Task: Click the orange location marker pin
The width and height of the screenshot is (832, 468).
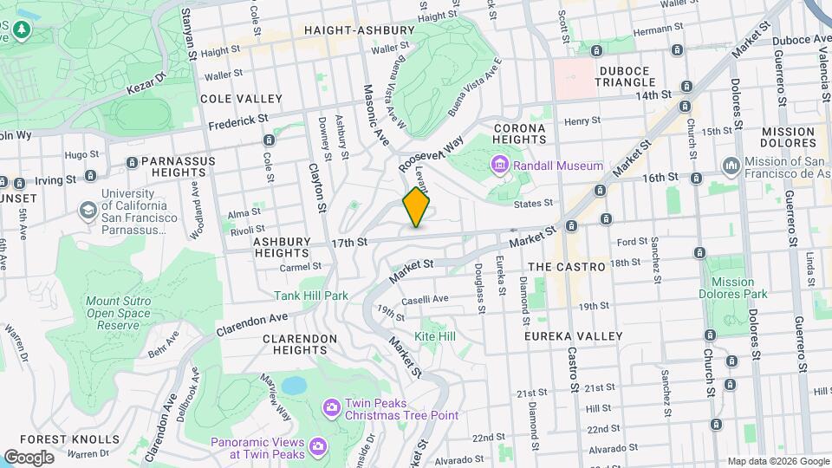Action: coord(417,208)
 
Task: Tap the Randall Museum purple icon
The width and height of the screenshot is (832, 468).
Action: coord(500,165)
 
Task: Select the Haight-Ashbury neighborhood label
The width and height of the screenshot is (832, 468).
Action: coord(351,30)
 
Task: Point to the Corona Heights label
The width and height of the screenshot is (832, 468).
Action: coord(519,135)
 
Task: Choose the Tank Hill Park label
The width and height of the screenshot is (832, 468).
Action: coord(313,296)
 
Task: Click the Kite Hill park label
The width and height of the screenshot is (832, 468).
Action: coord(435,335)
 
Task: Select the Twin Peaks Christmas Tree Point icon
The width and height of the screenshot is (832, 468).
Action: coord(330,407)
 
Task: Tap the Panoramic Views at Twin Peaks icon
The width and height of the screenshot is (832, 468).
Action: coord(317,446)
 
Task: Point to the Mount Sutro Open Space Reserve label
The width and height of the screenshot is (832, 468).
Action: coord(112,313)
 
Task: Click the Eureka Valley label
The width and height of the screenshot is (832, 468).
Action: coord(574,335)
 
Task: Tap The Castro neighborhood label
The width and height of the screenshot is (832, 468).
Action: coord(566,267)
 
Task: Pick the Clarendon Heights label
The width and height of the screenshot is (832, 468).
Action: coord(288,344)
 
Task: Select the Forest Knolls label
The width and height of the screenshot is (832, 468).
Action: coord(56,439)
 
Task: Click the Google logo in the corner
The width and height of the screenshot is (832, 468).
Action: coord(28,457)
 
